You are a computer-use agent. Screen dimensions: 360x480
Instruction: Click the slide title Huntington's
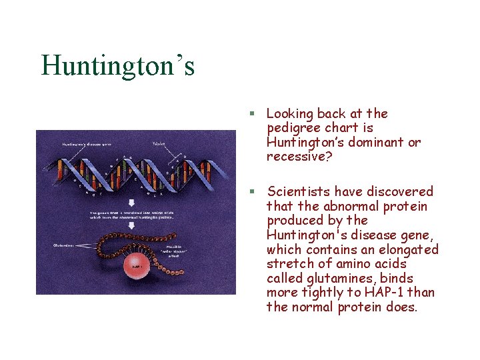click(118, 66)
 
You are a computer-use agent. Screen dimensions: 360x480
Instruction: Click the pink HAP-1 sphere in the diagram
click(139, 265)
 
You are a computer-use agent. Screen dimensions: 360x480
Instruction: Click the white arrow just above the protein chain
click(131, 225)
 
